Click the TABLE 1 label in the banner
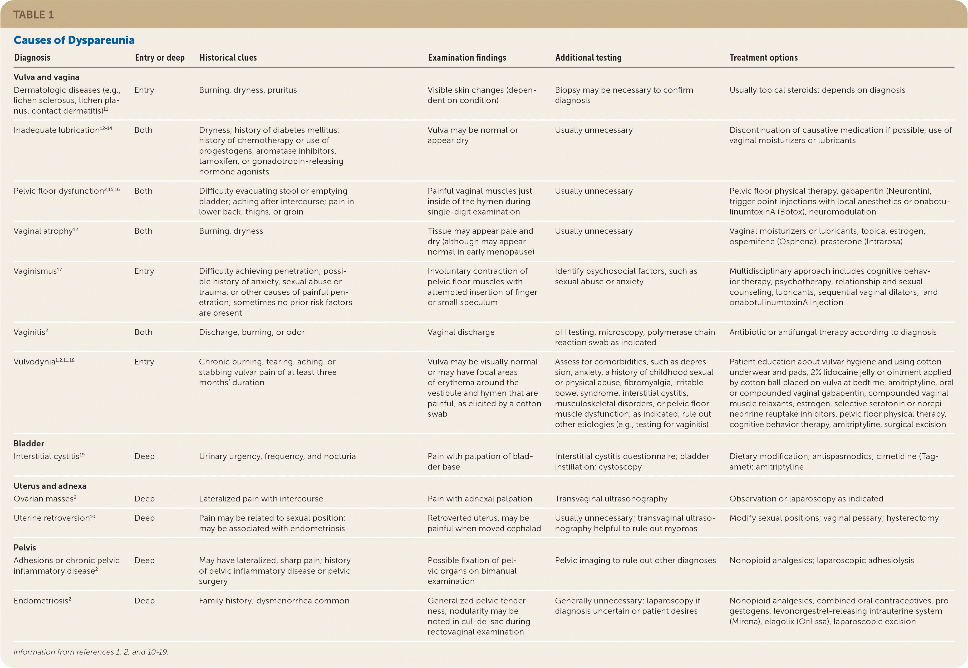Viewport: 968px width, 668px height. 33,15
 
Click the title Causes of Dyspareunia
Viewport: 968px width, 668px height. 74,40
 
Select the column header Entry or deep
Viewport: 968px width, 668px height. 159,58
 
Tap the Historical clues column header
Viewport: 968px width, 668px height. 228,58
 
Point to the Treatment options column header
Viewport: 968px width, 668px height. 763,58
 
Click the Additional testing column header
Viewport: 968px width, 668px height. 588,58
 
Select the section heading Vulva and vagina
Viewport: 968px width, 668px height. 46,77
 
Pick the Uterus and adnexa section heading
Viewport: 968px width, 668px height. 50,486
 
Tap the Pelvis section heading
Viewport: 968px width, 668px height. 25,548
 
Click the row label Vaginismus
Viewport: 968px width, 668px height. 35,271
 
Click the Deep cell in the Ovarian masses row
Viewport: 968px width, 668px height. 144,499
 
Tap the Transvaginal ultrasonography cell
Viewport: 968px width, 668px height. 611,499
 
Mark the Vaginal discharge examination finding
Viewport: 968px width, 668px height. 461,332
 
